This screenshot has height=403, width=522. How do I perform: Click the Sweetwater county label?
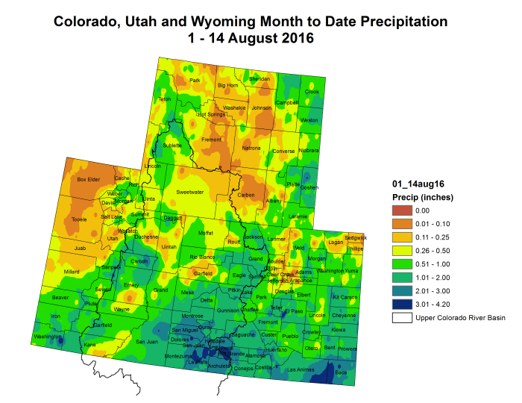pos(190,192)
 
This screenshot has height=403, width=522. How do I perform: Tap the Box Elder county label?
pos(89,179)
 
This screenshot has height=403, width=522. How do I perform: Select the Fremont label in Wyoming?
pos(212,140)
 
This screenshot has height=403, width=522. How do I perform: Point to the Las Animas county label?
pos(301,369)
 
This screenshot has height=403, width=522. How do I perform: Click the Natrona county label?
pos(251,148)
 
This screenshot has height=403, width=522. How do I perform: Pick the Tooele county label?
pos(78,219)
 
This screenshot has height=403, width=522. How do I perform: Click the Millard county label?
pos(72,272)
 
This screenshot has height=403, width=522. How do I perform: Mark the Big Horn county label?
pos(227,85)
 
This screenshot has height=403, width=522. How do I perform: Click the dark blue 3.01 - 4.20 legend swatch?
pos(403,304)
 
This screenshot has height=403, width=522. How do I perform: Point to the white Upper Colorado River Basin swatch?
pos(403,318)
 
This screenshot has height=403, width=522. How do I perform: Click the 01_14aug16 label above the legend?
pos(416,183)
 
